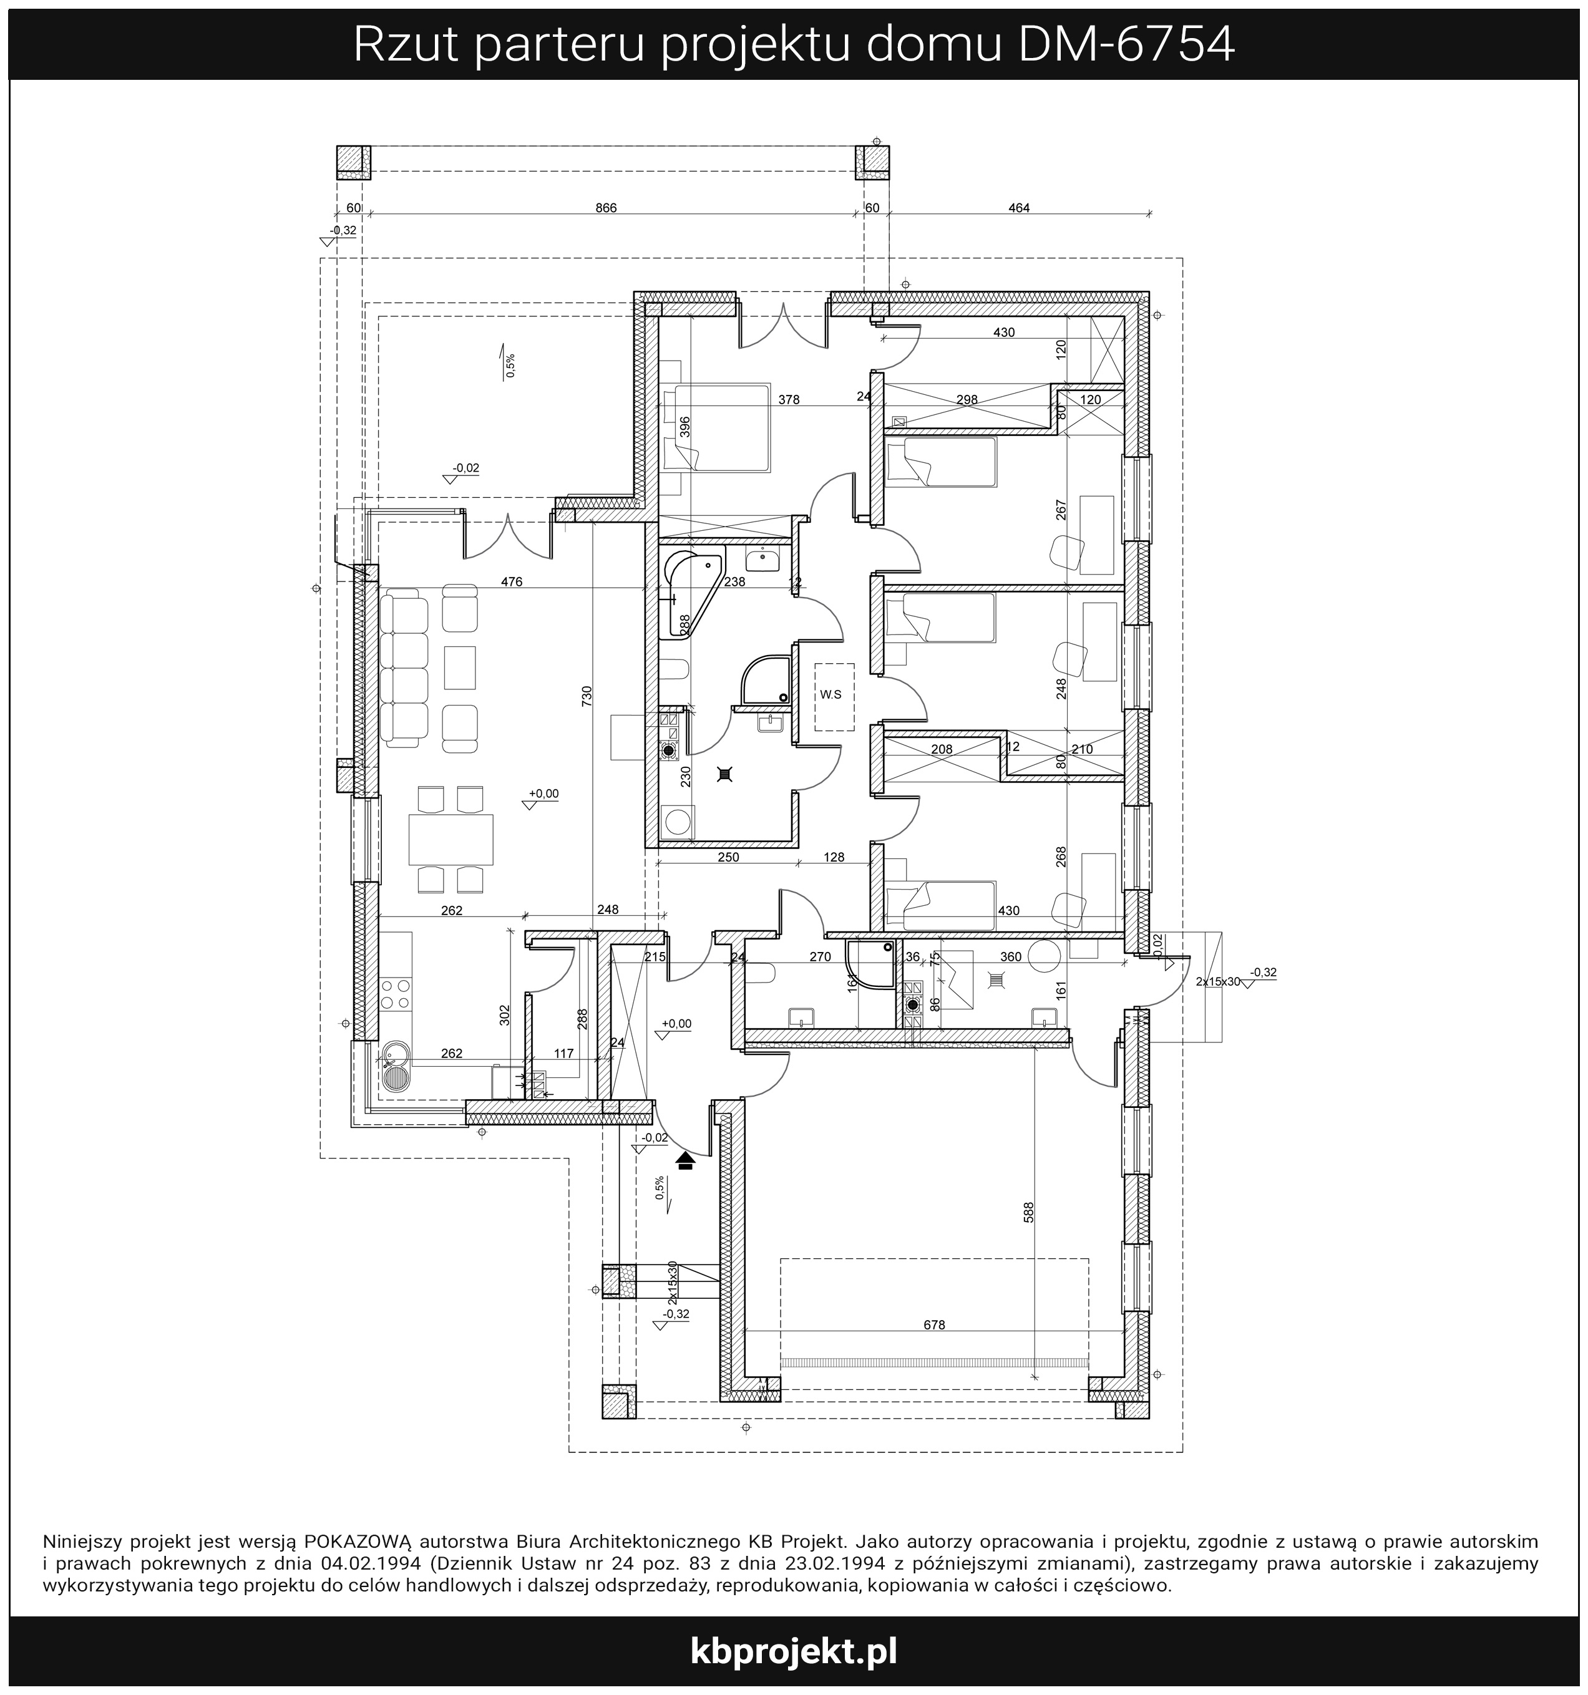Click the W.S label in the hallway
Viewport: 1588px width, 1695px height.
coord(830,695)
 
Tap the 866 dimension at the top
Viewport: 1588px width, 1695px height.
coord(605,208)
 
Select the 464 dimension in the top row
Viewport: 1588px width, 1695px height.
coord(1018,208)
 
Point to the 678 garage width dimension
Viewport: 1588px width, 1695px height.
coord(934,1325)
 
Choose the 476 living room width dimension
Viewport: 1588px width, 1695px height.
coord(511,582)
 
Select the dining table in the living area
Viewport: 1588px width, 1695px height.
coord(451,840)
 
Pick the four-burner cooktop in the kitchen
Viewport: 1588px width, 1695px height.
coord(396,995)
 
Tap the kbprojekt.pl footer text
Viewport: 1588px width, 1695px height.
coord(793,1651)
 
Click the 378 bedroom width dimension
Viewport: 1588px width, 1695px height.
coord(789,399)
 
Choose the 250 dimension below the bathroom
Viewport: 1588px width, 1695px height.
coord(728,857)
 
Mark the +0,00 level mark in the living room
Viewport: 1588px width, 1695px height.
coord(543,793)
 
